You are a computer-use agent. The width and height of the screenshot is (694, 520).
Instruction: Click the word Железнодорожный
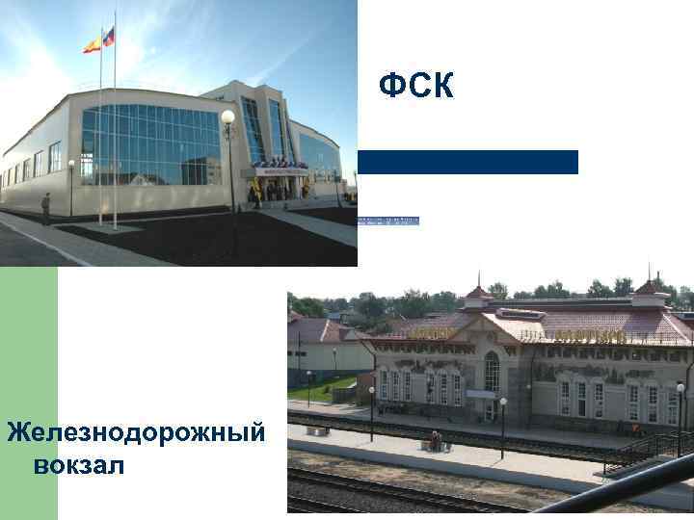click(x=136, y=432)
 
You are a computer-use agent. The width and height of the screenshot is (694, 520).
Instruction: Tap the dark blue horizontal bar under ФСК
click(x=468, y=162)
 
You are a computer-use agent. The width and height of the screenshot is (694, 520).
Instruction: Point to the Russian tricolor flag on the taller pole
click(x=109, y=37)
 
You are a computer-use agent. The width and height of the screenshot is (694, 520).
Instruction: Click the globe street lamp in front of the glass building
click(x=228, y=118)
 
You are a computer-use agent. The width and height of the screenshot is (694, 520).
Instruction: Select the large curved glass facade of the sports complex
click(x=150, y=144)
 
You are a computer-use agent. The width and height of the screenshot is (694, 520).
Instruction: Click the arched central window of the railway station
click(x=492, y=371)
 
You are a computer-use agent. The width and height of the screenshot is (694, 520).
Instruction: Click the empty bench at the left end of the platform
click(x=317, y=429)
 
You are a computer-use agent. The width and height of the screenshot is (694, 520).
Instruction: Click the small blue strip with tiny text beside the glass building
click(x=388, y=221)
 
